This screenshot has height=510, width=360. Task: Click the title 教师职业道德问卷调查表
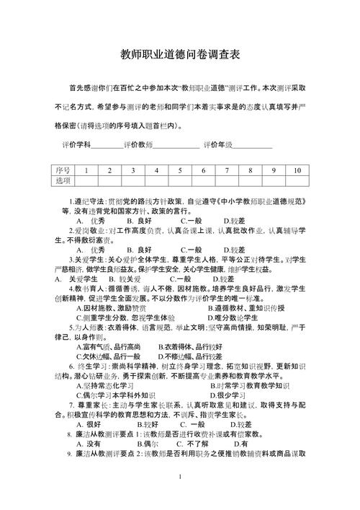[180, 54]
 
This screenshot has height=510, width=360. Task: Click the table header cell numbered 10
[297, 170]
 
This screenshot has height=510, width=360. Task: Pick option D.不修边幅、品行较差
[189, 356]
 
